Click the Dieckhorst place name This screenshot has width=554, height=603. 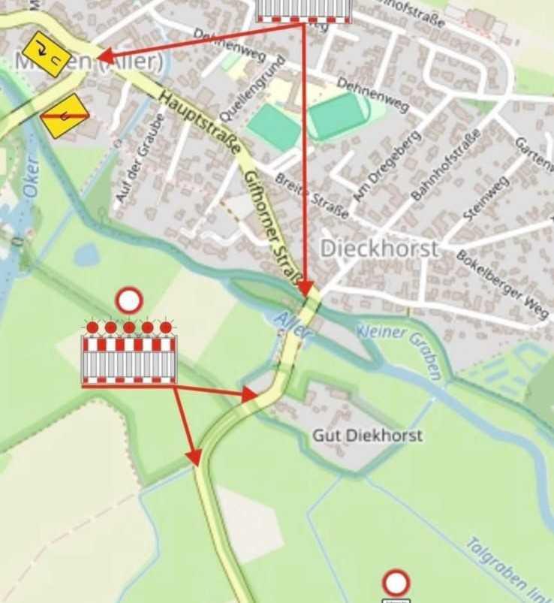379,249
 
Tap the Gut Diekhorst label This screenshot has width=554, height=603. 367,436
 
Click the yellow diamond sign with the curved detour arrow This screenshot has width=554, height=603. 46,54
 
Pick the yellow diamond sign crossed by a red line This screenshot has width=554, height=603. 65,116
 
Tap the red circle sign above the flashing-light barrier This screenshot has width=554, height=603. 129,301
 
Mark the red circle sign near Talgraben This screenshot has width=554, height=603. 396,583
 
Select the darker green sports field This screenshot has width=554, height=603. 336,115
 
